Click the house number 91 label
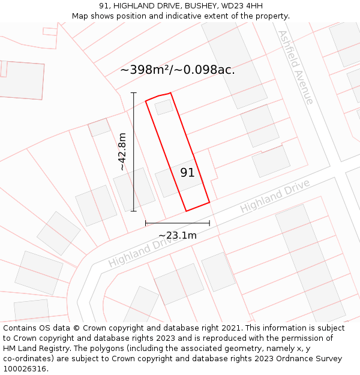coord(187,173)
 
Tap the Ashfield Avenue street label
coord(295,67)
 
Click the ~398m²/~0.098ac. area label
coord(177,70)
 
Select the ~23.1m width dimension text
coord(177,235)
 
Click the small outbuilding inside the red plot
coord(164,107)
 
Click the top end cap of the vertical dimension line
coord(133,93)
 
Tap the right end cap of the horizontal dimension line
coord(209,223)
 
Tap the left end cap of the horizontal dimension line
coord(146,223)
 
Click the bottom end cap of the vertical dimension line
coord(133,211)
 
